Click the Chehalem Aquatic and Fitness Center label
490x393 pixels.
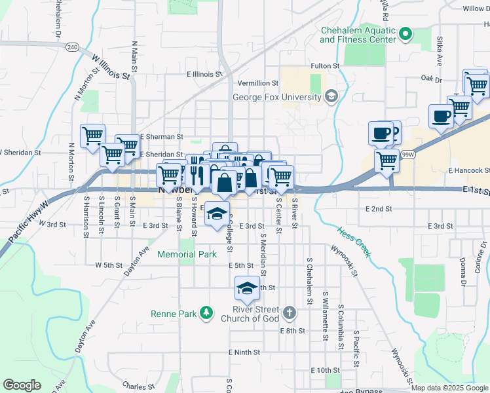click(x=358, y=35)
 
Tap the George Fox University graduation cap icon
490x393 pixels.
click(x=331, y=98)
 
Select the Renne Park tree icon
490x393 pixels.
click(x=207, y=313)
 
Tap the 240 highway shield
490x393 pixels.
click(x=72, y=47)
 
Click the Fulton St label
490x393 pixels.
click(x=325, y=66)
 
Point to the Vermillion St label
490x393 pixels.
click(x=258, y=83)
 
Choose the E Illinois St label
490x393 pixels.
click(x=204, y=75)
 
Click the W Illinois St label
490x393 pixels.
click(x=111, y=67)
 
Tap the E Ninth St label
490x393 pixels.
click(x=244, y=352)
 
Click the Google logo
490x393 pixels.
click(x=22, y=385)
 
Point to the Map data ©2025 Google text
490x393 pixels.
click(x=449, y=388)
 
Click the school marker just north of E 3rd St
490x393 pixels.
click(x=217, y=213)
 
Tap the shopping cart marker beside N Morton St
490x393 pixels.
click(x=92, y=136)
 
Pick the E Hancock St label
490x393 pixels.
click(x=469, y=170)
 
